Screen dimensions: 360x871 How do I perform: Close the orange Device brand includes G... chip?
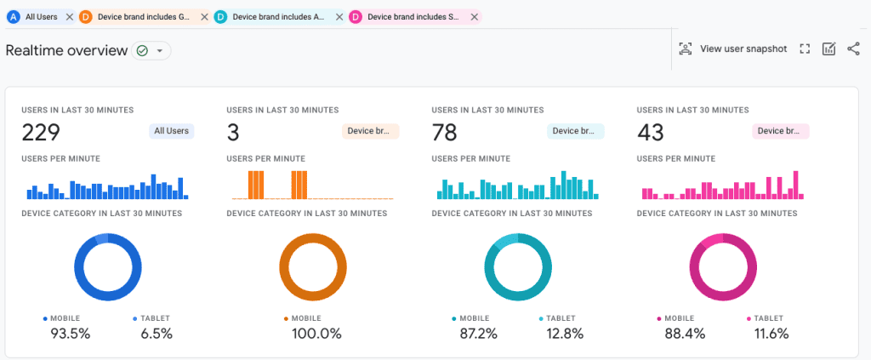point(203,17)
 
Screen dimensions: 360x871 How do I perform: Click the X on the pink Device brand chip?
point(474,17)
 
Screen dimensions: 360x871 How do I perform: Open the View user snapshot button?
point(732,49)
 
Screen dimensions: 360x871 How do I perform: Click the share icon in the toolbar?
point(853,49)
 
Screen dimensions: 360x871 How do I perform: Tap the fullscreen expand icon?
point(805,49)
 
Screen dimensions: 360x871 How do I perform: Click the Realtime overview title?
point(65,50)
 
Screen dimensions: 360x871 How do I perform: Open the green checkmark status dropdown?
point(151,51)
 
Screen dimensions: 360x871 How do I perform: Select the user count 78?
point(444,132)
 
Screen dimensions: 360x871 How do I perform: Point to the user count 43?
point(650,132)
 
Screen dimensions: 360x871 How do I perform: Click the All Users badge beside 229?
point(171,131)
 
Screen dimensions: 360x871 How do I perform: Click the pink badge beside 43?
point(780,131)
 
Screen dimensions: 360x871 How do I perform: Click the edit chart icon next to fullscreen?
point(828,49)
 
